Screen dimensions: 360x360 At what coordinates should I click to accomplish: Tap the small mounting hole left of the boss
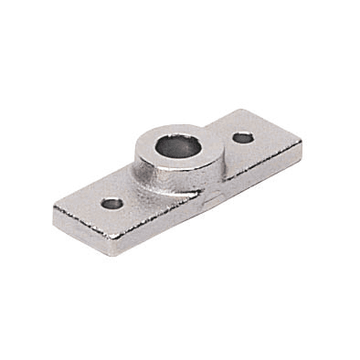(111, 203)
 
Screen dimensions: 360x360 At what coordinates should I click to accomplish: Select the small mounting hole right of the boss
(243, 138)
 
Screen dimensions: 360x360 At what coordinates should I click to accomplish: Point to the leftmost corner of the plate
(54, 207)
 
